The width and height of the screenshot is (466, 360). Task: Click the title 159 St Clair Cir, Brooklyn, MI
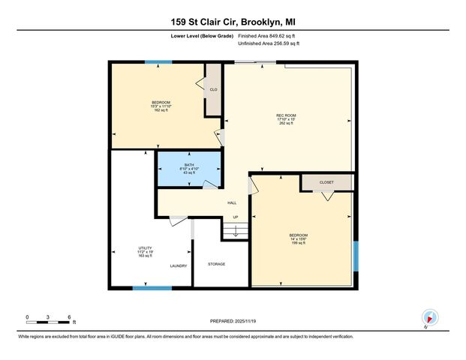click(x=233, y=22)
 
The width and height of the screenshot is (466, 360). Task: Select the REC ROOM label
click(x=286, y=118)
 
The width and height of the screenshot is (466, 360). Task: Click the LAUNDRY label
click(x=179, y=265)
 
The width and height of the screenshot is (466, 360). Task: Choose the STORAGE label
click(x=217, y=264)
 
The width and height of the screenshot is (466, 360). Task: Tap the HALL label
click(x=233, y=202)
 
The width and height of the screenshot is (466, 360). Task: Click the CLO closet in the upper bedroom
click(x=214, y=90)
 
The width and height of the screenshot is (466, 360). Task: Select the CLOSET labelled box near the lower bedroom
click(x=326, y=182)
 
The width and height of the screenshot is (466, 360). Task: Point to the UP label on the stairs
click(x=235, y=218)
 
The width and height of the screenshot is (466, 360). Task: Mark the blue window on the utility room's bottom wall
click(x=152, y=287)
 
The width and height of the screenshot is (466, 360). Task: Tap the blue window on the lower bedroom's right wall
click(x=356, y=258)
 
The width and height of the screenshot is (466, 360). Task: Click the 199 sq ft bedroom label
click(x=299, y=239)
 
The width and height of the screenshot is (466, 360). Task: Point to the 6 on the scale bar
click(x=69, y=316)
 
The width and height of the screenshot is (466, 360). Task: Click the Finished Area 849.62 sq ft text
click(x=268, y=35)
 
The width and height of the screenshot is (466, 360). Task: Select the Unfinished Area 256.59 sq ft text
click(x=268, y=44)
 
